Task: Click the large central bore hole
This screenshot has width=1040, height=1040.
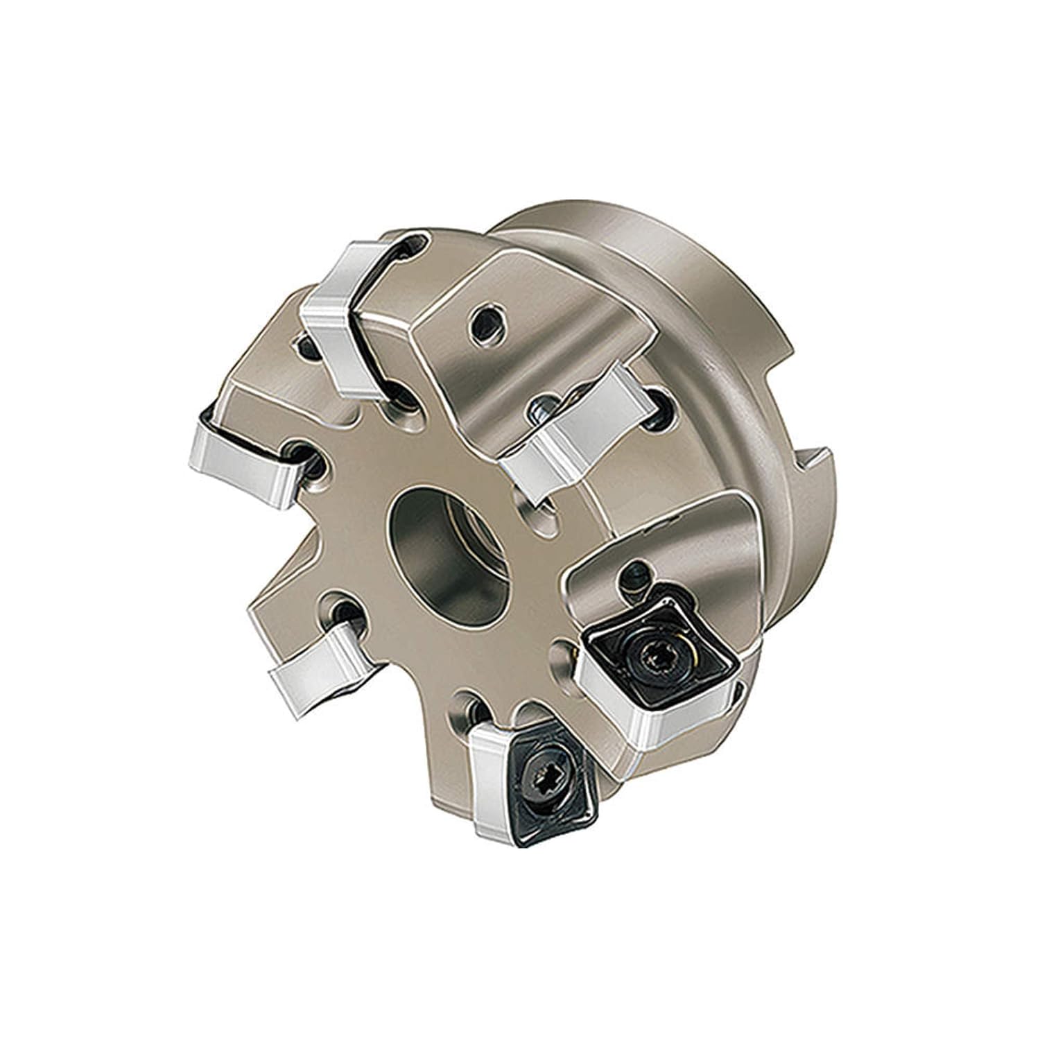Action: tap(444, 548)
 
